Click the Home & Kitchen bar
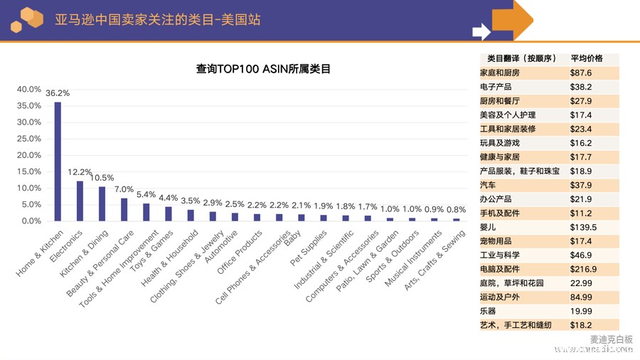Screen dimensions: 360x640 pos(58,162)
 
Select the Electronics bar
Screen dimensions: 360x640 pos(80,201)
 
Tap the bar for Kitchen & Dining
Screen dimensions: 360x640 pos(102,203)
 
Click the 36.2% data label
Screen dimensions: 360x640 pos(58,93)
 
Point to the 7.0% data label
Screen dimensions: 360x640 pos(124,189)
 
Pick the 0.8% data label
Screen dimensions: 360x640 pos(457,210)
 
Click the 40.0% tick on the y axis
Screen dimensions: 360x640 pos(29,89)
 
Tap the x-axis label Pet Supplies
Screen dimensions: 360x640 pos(309,245)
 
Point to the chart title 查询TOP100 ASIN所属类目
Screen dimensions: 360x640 pos(263,69)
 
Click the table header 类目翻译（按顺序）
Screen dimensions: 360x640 pos(521,58)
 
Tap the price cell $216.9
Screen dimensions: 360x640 pos(583,269)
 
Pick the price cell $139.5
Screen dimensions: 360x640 pos(583,227)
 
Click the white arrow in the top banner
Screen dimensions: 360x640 pos(481,31)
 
